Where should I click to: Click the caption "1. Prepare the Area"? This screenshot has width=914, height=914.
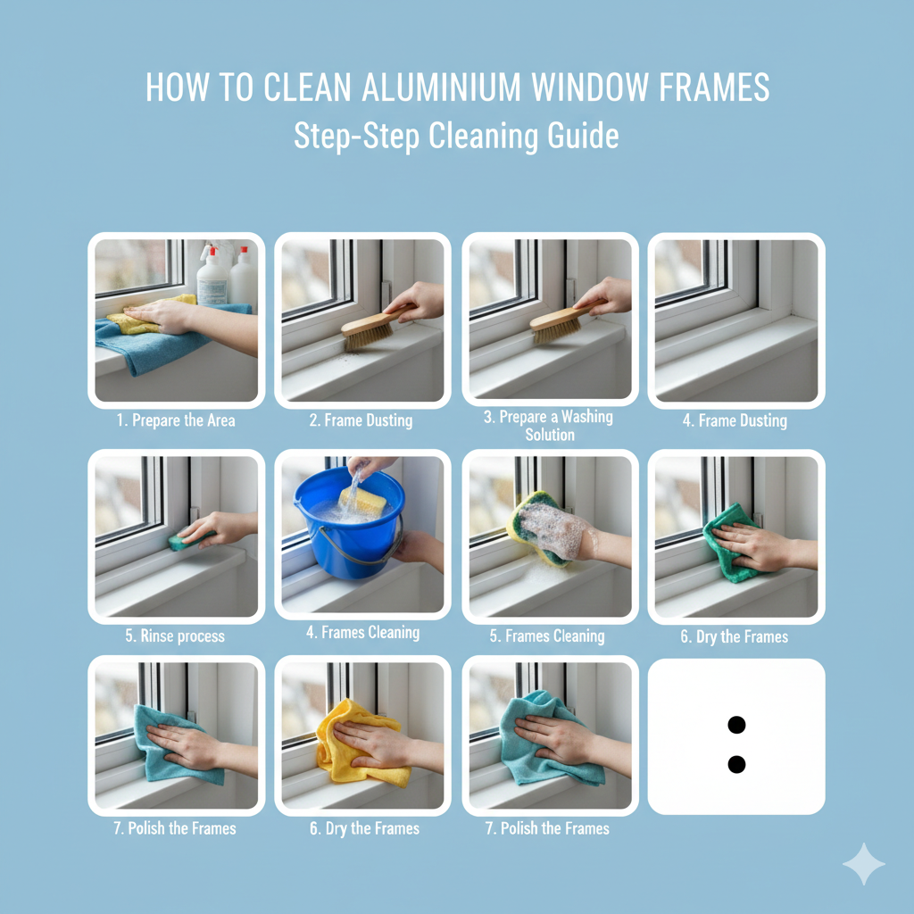(x=176, y=420)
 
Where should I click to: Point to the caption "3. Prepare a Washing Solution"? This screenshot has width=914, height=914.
(x=550, y=426)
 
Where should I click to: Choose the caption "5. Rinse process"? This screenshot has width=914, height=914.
(x=175, y=636)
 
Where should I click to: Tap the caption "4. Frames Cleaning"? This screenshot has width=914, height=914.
(x=362, y=633)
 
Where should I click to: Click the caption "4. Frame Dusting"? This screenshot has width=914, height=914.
(x=735, y=420)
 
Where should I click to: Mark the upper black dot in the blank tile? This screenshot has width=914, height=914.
(x=736, y=725)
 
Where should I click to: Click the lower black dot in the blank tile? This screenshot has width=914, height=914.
(x=736, y=764)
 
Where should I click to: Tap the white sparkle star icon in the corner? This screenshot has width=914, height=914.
(x=863, y=864)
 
